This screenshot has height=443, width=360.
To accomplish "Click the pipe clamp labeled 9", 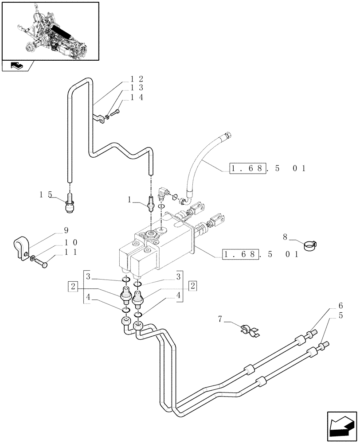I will [20, 246].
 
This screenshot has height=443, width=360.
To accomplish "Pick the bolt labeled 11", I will [42, 263].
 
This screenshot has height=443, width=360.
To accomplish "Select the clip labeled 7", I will [249, 330].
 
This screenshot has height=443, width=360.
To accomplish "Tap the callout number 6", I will [340, 306].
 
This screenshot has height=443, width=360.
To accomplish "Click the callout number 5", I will [340, 315].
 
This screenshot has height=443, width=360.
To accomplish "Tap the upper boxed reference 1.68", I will [248, 169].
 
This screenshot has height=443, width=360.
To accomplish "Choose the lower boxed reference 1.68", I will [240, 254].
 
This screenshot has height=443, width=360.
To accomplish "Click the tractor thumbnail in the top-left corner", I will [50, 30].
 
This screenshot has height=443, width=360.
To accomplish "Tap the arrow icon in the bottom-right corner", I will [341, 425].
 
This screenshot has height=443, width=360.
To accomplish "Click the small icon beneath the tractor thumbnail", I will [16, 66].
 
